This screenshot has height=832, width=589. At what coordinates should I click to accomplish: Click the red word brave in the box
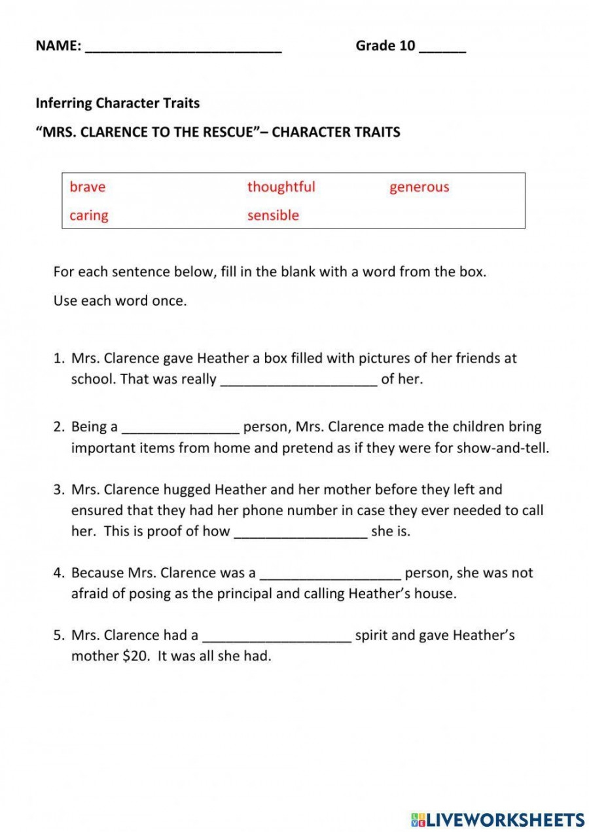(x=87, y=187)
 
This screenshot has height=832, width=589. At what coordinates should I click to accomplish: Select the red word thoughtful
(x=281, y=187)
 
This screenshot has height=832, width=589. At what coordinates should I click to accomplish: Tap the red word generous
(x=419, y=187)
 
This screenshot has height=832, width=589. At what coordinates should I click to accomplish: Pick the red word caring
(x=89, y=215)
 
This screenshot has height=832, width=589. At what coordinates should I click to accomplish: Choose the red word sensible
(x=273, y=215)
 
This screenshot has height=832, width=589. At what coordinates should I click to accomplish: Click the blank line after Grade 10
(x=442, y=47)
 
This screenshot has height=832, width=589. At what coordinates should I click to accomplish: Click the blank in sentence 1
(x=299, y=381)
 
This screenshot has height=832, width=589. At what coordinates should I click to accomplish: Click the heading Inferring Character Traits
(x=117, y=103)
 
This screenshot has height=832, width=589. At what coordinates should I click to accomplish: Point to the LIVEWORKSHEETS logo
(x=497, y=820)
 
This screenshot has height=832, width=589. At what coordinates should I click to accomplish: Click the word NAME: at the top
(x=58, y=46)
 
